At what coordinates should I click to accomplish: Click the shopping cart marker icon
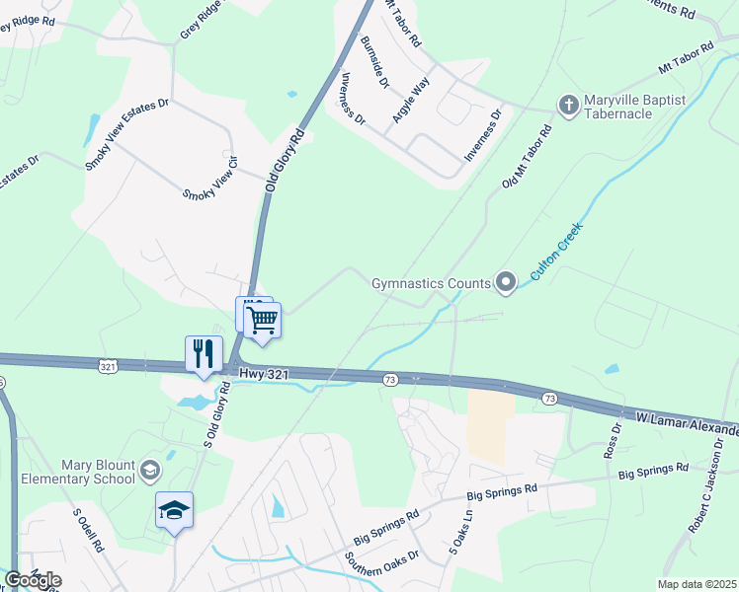point(263,321)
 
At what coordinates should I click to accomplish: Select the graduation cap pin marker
point(174,510)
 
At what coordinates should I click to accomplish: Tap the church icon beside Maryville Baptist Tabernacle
point(568,106)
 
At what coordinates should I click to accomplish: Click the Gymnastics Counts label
point(431,284)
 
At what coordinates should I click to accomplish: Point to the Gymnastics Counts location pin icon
point(506,284)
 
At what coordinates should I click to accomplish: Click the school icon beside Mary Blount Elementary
point(150,471)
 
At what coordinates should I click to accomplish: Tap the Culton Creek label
point(556,253)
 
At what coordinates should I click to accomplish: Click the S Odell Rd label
point(89,530)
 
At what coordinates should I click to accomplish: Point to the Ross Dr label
point(611,440)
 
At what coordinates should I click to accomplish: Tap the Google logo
point(33,580)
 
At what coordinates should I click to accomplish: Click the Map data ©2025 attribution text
point(697,584)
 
